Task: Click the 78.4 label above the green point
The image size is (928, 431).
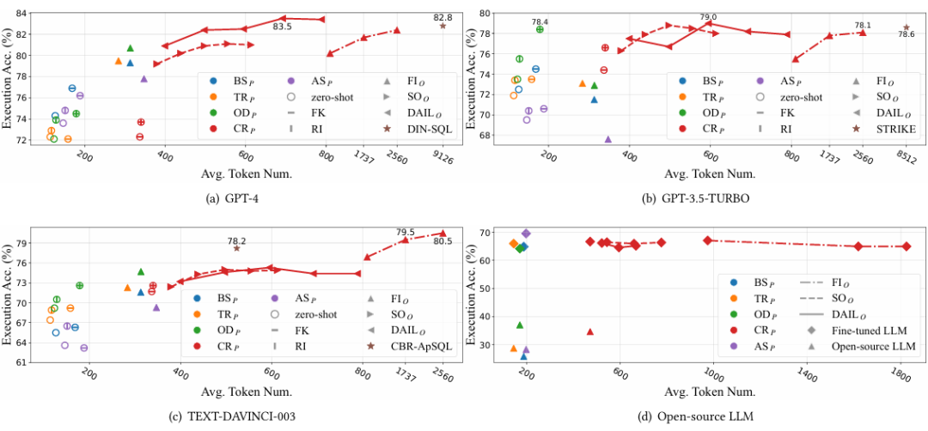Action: pyautogui.click(x=540, y=21)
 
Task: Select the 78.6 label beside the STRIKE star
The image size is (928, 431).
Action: pyautogui.click(x=906, y=34)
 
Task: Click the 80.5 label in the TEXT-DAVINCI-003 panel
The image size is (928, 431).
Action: pyautogui.click(x=442, y=242)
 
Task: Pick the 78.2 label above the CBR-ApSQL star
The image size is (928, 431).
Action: pyautogui.click(x=236, y=240)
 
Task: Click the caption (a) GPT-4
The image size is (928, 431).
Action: pyautogui.click(x=233, y=197)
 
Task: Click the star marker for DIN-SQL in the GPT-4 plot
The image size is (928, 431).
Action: pyautogui.click(x=443, y=26)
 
